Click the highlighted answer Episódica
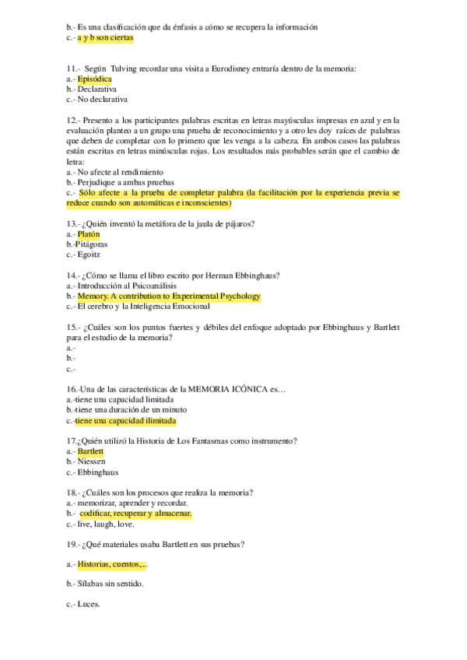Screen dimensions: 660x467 pyautogui.click(x=95, y=79)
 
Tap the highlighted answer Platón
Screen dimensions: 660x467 pyautogui.click(x=89, y=233)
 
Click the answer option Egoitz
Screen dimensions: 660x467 pyautogui.click(x=89, y=255)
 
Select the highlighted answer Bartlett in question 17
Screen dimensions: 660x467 pyautogui.click(x=90, y=451)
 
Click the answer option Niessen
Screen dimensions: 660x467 pyautogui.click(x=91, y=462)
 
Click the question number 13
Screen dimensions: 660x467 pyautogui.click(x=73, y=224)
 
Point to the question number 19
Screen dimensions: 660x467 pyautogui.click(x=73, y=544)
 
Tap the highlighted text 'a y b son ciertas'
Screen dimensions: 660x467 pyautogui.click(x=105, y=37)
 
